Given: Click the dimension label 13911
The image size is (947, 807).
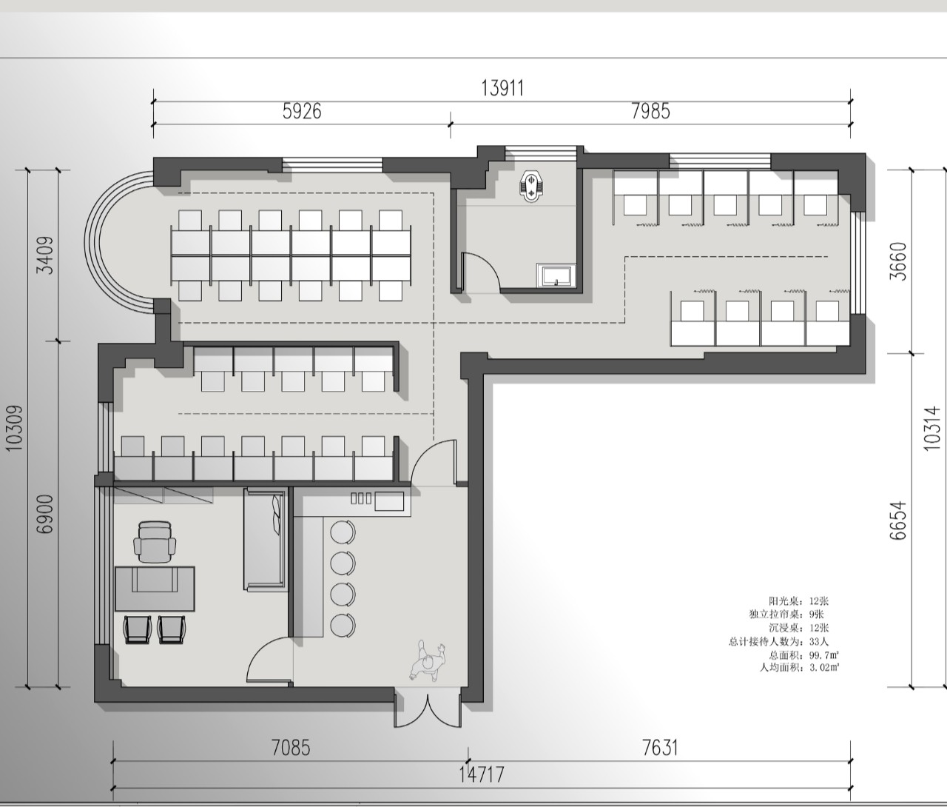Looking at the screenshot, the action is tap(502, 88).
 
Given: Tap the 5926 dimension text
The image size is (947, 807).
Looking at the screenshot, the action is tap(301, 111).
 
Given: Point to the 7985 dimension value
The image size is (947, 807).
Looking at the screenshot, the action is tap(650, 111).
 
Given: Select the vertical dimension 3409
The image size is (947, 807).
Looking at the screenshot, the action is tap(46, 255).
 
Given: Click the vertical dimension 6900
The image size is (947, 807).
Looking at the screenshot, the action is tap(46, 515).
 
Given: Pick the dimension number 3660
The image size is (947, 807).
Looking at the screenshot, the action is tap(897, 261).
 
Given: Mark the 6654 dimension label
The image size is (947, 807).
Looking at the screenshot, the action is tap(897, 521).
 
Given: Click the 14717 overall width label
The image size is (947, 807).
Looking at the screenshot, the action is tap(482, 775).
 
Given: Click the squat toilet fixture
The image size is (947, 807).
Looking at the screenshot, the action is tap(531, 186).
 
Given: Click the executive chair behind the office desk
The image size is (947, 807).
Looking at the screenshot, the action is tap(155, 542).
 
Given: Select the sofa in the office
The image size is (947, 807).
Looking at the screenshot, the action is tap(264, 540).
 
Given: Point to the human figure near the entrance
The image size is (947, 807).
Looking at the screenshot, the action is tap(428, 661).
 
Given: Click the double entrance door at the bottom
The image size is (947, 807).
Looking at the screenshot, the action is tap(428, 706).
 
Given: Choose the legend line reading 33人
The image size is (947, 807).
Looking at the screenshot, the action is tap(778, 641).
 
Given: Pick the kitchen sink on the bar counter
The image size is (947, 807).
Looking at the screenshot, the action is tap(389, 501).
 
